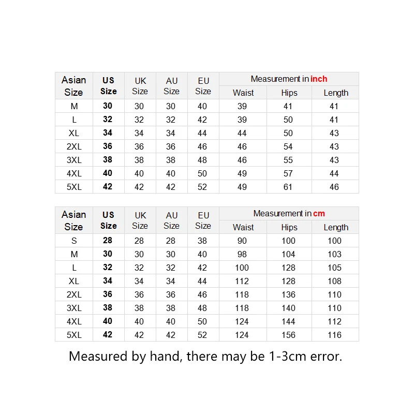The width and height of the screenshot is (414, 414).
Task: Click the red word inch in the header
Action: click(x=319, y=79)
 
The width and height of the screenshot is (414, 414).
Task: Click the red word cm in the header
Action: click(x=319, y=214)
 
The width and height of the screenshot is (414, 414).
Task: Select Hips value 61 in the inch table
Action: click(x=288, y=187)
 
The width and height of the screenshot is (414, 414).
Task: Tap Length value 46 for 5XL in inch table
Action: click(x=334, y=187)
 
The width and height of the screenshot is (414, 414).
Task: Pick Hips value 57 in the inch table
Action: click(x=288, y=173)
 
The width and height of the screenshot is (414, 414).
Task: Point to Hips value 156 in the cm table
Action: click(x=288, y=335)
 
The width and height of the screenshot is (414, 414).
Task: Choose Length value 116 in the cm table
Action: click(x=334, y=335)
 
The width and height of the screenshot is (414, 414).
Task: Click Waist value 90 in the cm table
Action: click(x=242, y=241)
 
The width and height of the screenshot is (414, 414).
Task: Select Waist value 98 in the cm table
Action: click(x=242, y=254)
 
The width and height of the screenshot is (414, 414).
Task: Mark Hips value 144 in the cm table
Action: click(x=288, y=321)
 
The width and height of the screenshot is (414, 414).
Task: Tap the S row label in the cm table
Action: click(x=74, y=241)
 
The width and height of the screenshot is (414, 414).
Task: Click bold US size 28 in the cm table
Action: click(x=108, y=240)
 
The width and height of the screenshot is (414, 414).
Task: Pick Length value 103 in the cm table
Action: click(x=334, y=254)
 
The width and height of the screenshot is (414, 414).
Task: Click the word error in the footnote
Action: click(x=324, y=357)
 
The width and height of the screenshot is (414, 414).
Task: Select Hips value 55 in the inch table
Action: click(x=288, y=160)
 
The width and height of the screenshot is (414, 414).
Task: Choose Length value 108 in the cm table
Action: click(x=334, y=281)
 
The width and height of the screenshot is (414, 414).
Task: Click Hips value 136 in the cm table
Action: click(x=288, y=294)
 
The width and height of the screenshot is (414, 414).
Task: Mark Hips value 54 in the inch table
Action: click(x=288, y=146)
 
